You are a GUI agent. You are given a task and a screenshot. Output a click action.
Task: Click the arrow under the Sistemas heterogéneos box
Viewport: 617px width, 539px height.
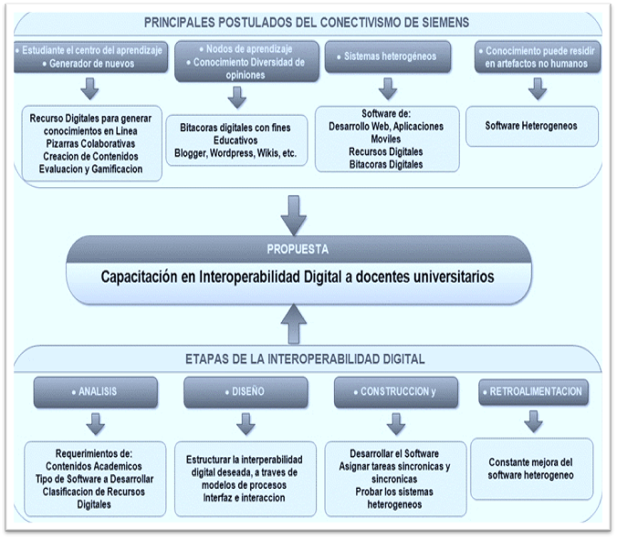[387, 88]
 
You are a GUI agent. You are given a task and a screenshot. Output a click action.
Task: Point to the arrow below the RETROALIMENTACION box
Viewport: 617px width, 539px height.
[534, 421]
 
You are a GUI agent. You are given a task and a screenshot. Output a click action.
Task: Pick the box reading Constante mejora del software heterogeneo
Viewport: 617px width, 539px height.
[532, 468]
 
